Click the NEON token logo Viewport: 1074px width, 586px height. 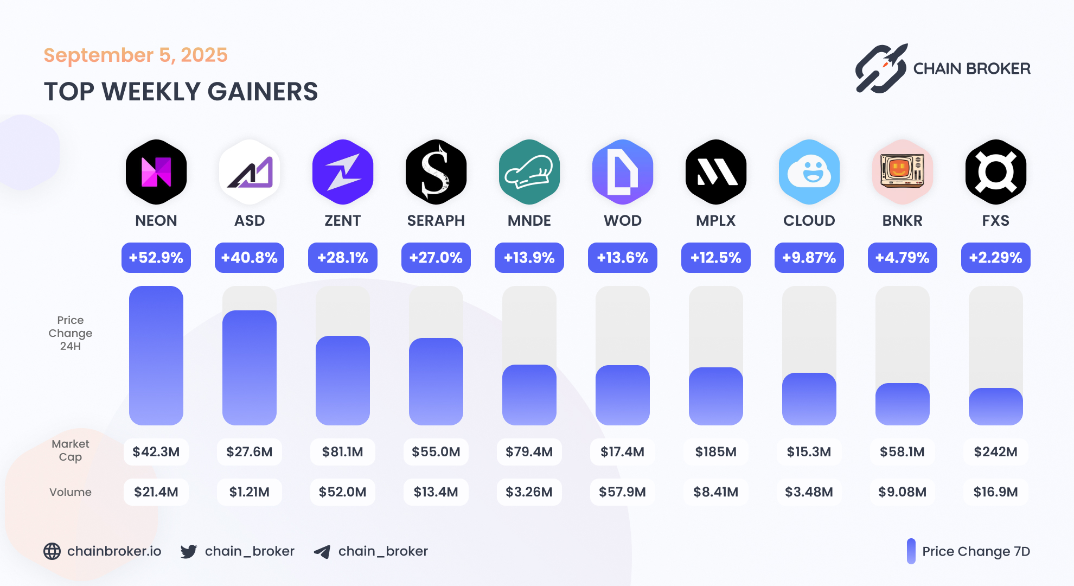coord(156,172)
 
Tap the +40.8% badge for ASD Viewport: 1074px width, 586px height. coord(250,258)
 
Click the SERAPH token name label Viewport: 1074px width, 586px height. coord(436,221)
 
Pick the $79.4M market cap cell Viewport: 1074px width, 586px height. coord(529,452)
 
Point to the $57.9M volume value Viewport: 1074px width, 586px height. coord(623,492)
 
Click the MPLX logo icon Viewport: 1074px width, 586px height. coord(716,172)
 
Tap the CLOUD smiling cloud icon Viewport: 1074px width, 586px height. coord(809,172)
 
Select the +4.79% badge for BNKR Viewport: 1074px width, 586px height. coord(903,258)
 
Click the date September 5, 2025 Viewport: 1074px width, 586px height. coord(136,55)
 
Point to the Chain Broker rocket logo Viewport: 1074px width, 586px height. coord(881,68)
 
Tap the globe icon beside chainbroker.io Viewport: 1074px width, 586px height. coord(52,551)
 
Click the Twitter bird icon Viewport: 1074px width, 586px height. coord(189,552)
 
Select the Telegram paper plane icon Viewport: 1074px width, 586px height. coord(322,552)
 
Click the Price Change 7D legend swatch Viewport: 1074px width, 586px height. coord(911,551)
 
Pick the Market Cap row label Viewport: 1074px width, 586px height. coord(71,450)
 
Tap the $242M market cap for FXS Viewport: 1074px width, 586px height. coord(996,452)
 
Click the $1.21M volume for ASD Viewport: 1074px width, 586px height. coord(250,492)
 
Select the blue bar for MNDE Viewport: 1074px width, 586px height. coord(529,394)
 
